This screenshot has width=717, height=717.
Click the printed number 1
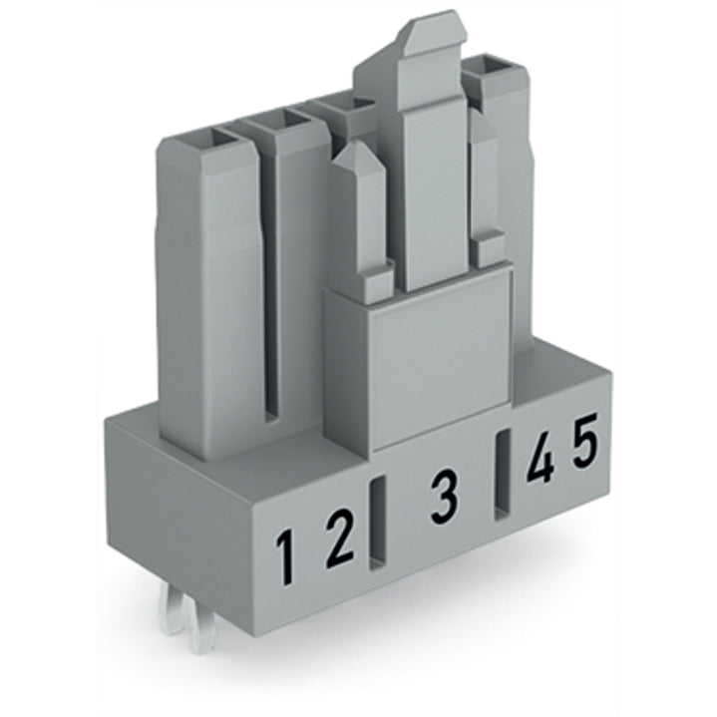pyautogui.click(x=286, y=557)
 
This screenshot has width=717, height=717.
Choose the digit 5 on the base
pyautogui.click(x=585, y=440)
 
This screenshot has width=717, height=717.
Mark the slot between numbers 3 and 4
pyautogui.click(x=503, y=475)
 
